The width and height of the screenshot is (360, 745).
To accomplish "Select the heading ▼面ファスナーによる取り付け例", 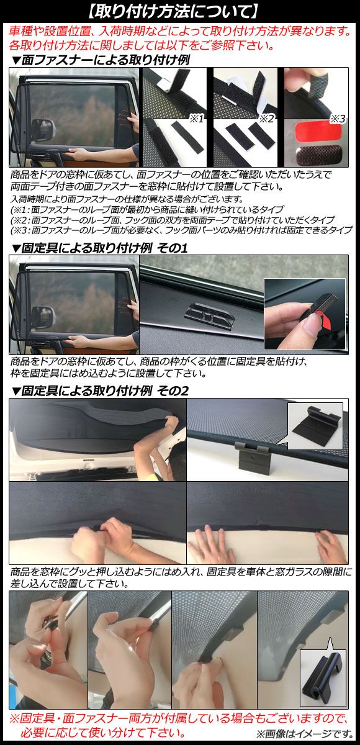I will [x=101, y=60].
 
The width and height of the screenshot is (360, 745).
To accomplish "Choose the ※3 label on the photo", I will [x=338, y=118].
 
